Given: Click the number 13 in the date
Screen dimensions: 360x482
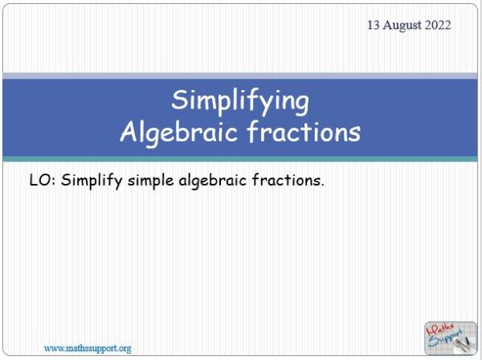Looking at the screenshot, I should [x=374, y=25].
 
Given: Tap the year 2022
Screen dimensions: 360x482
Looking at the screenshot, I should [x=438, y=25].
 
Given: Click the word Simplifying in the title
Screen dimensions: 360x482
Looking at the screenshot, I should [x=240, y=101].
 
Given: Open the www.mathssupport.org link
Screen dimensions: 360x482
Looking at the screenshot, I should [x=87, y=348].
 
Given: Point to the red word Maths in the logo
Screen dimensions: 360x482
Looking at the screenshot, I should [x=440, y=328].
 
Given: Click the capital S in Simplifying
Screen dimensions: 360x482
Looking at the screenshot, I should [x=180, y=101].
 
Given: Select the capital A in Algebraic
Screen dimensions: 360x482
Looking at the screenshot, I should [x=129, y=131].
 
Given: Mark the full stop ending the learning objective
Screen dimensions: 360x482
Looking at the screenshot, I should [x=323, y=185].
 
